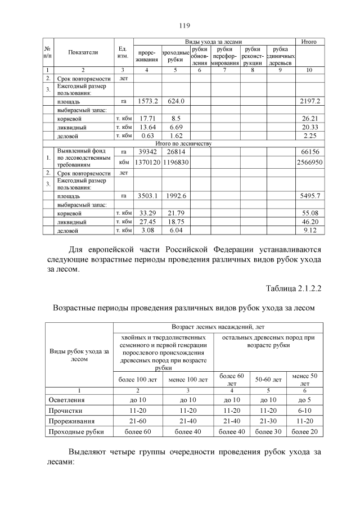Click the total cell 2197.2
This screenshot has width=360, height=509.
[x=309, y=101]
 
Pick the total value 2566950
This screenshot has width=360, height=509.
[x=309, y=162]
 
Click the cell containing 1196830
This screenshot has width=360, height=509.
[x=175, y=162]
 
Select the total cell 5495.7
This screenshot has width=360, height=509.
[x=309, y=196]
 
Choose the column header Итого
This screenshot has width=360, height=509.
[x=309, y=42]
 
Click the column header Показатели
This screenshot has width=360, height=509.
[x=83, y=52]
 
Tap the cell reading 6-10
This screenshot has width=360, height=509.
[x=304, y=411]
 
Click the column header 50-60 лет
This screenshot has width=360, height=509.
[x=268, y=380]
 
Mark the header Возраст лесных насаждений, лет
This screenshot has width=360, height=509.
[x=218, y=327]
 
